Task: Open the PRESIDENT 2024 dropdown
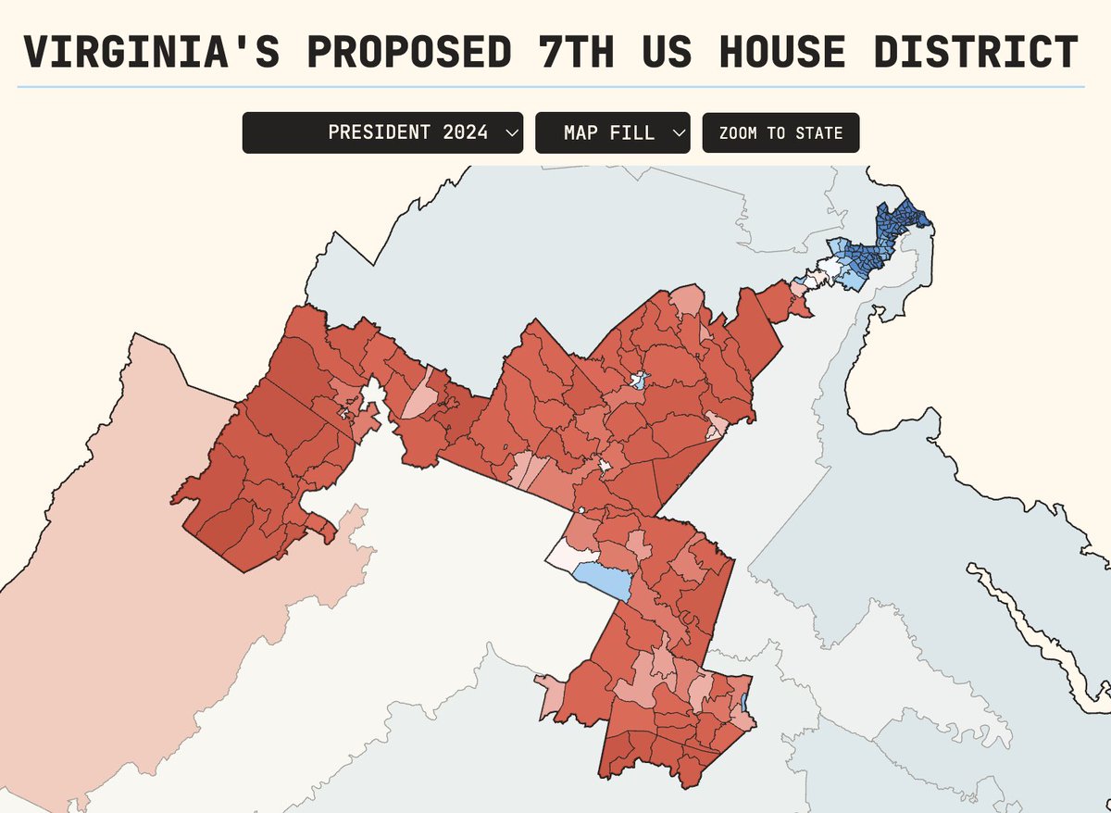coord(382,132)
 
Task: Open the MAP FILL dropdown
coord(612,132)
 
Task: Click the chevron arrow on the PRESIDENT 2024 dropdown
coord(511,132)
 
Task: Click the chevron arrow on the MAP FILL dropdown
coord(678,132)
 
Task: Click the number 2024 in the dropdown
coord(465,132)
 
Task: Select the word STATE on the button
coord(818,132)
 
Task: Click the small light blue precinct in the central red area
coord(636,380)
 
